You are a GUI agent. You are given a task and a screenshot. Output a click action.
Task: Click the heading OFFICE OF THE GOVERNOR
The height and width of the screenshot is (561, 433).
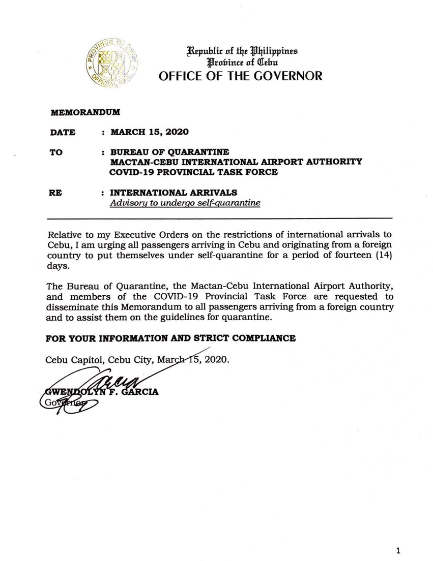pyautogui.click(x=241, y=76)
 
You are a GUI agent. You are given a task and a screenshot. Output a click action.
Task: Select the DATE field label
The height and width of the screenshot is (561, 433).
pyautogui.click(x=63, y=133)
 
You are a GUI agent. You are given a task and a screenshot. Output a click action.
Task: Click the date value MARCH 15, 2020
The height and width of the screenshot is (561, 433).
pyautogui.click(x=149, y=132)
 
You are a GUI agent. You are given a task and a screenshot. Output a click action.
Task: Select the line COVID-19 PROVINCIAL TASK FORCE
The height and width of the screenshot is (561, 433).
pyautogui.click(x=194, y=172)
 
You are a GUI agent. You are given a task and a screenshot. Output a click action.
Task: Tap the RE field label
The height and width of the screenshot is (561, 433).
pyautogui.click(x=55, y=193)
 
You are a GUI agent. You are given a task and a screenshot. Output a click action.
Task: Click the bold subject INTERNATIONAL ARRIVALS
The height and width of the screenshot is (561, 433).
pyautogui.click(x=174, y=193)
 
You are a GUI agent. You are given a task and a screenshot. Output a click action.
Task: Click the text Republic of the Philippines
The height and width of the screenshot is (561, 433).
pyautogui.click(x=242, y=51)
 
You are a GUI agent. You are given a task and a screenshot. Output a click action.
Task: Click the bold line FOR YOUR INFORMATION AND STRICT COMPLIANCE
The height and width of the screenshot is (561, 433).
pyautogui.click(x=170, y=338)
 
